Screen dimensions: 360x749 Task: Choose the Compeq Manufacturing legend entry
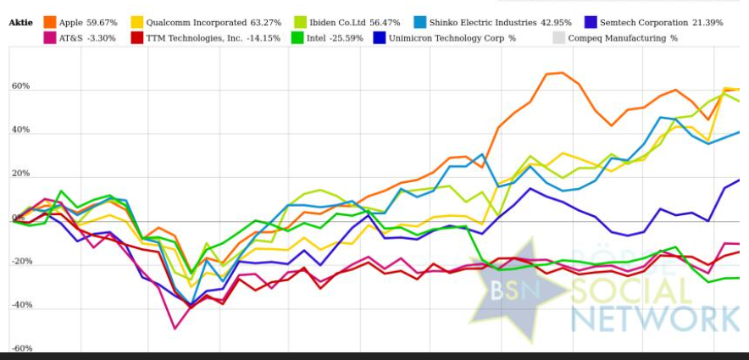tap(623, 38)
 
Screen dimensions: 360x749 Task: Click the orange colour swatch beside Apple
tap(50, 22)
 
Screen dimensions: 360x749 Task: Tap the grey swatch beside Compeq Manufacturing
tap(558, 38)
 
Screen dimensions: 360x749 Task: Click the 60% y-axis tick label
tap(21, 86)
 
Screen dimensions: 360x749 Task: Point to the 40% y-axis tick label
tap(21, 130)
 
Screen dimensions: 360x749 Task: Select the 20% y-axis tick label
tap(21, 174)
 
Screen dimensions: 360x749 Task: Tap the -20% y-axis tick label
tap(21, 262)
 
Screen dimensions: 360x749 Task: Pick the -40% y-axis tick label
tap(21, 305)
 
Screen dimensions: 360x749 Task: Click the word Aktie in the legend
tap(21, 22)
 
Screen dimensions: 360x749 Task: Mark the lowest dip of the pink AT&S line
tap(175, 328)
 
